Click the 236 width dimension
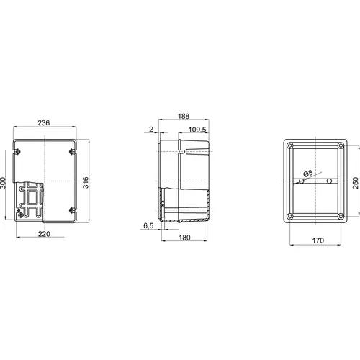coord(44,123)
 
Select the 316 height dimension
coord(86,183)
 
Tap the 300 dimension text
coord(3,183)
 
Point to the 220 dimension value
coord(44,234)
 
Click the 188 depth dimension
coord(184,117)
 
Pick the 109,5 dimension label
coord(197,130)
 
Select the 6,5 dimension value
coord(148,226)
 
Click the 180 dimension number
coord(184,238)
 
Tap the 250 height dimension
coord(356,183)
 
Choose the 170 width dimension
coord(318,240)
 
